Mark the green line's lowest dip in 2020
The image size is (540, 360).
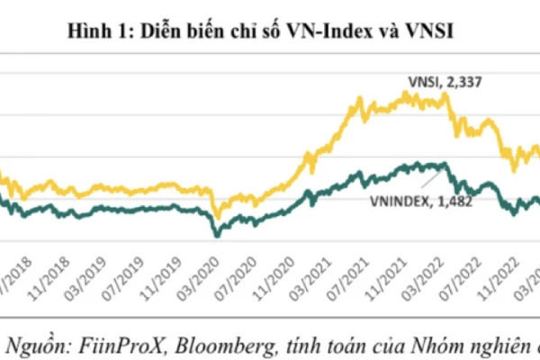click(216, 235)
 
